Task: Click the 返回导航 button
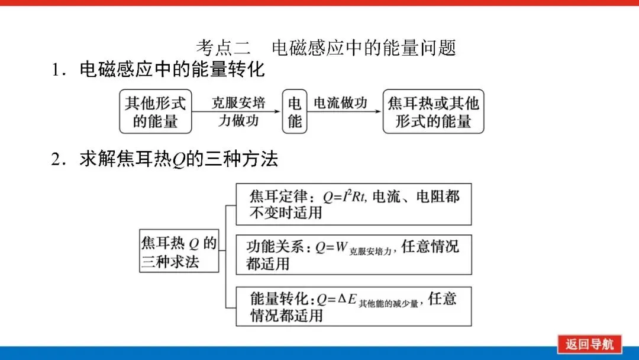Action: [x=589, y=344]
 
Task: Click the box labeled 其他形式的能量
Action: [x=156, y=111]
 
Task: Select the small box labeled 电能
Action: [x=295, y=111]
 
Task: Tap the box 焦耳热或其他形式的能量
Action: [x=433, y=111]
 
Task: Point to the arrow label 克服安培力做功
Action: [x=238, y=111]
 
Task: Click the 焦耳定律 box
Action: [x=353, y=204]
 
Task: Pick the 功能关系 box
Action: [x=353, y=254]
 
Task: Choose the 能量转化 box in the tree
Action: [x=353, y=306]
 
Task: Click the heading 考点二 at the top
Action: [x=224, y=48]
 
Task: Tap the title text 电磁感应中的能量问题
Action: [x=364, y=48]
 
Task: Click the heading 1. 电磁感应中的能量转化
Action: [x=158, y=70]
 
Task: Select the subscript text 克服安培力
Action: [x=372, y=251]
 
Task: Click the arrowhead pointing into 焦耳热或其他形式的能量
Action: [x=378, y=111]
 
